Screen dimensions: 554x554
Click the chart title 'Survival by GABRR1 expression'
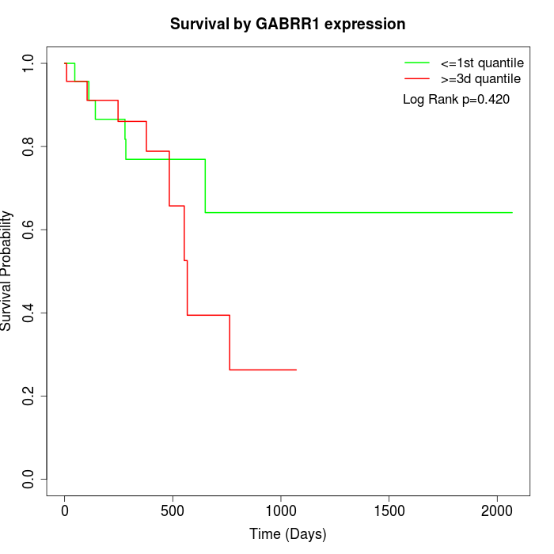pyautogui.click(x=288, y=25)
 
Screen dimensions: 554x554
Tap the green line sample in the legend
pyautogui.click(x=416, y=63)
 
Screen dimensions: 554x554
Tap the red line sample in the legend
pyautogui.click(x=416, y=79)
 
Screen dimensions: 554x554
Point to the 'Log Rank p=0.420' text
pyautogui.click(x=456, y=100)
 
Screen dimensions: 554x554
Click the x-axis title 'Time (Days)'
pyautogui.click(x=288, y=534)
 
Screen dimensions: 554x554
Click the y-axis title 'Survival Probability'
pyautogui.click(x=7, y=271)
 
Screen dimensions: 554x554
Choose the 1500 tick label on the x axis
pyautogui.click(x=389, y=512)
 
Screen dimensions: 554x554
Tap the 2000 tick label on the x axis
pyautogui.click(x=497, y=512)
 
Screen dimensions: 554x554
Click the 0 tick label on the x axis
pyautogui.click(x=65, y=512)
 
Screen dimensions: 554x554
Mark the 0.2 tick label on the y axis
pyautogui.click(x=29, y=396)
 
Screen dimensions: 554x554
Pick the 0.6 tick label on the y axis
pyautogui.click(x=29, y=230)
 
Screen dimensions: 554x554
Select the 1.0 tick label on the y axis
pyautogui.click(x=29, y=63)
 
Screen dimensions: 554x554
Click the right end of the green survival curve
pyautogui.click(x=512, y=213)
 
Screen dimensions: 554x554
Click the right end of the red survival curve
pyautogui.click(x=296, y=370)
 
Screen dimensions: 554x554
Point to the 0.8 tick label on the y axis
pyautogui.click(x=29, y=146)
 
